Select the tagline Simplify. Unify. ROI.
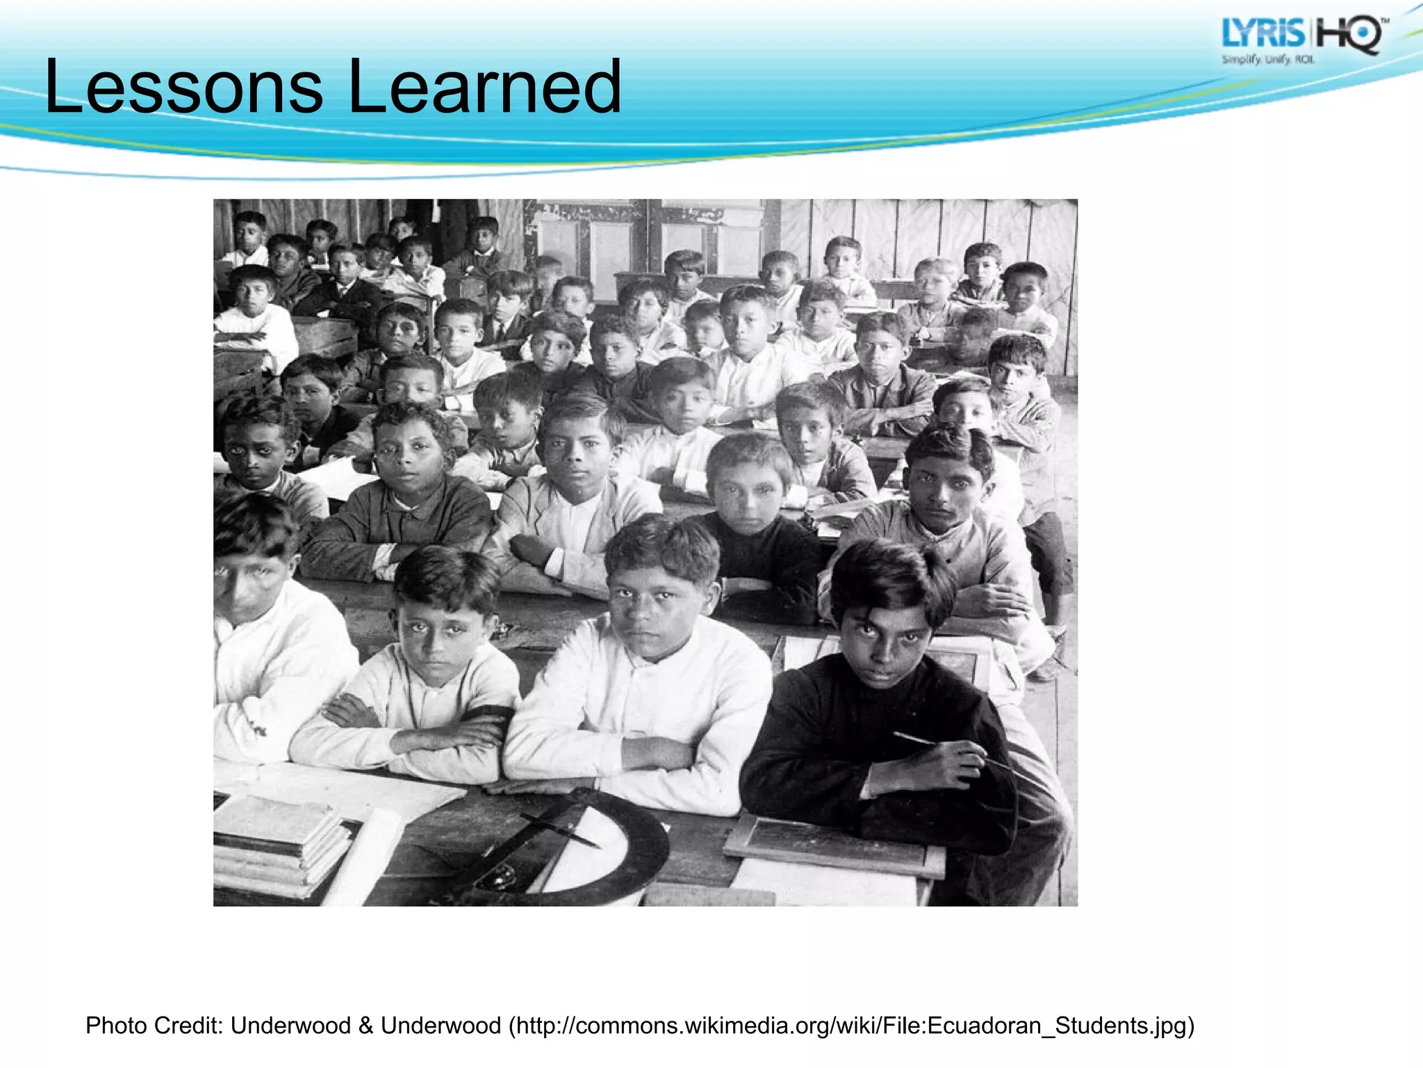(x=1268, y=60)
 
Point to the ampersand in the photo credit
(x=366, y=1026)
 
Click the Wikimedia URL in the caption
(x=852, y=1026)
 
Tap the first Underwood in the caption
(x=290, y=1026)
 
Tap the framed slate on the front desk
(x=834, y=845)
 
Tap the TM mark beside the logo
(x=1385, y=22)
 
